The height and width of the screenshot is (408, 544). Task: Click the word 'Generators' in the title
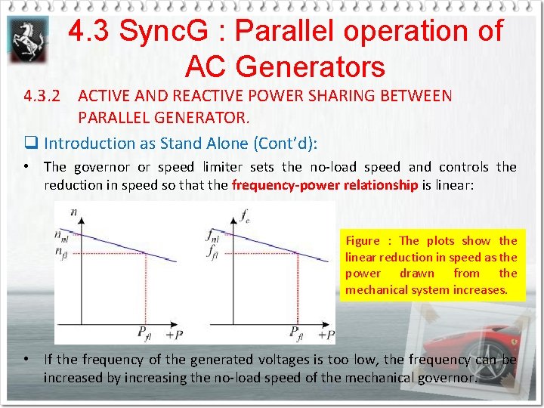pyautogui.click(x=285, y=67)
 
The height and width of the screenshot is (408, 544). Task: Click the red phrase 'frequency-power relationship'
pyautogui.click(x=325, y=186)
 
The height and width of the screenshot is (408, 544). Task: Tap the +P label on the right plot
pyautogui.click(x=326, y=334)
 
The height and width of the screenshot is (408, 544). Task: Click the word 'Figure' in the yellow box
pyautogui.click(x=363, y=241)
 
